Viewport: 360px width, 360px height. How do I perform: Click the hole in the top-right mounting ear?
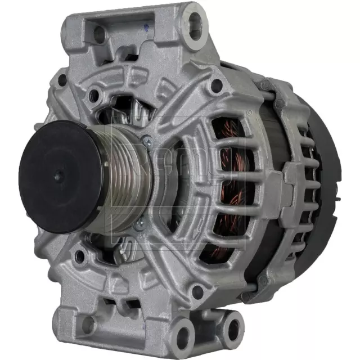click(195, 21)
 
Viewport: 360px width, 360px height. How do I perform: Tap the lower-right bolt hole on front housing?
click(196, 291)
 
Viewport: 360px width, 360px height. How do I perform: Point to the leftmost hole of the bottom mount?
click(88, 324)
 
